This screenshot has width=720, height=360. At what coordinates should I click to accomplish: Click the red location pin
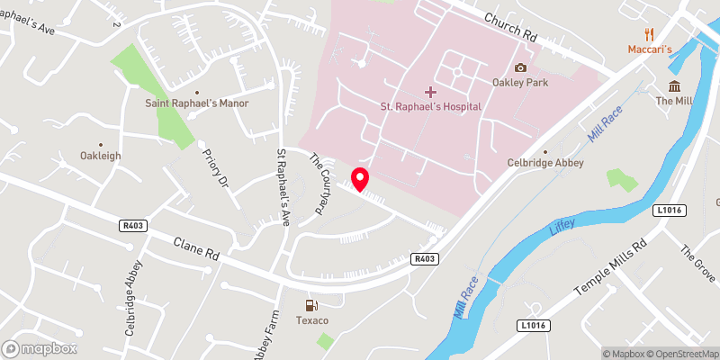point(360,178)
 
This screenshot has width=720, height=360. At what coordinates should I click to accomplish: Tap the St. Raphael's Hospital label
point(430,106)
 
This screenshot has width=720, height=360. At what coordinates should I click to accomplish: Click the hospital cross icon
point(430,91)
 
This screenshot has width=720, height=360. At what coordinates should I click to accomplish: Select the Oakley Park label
point(520,82)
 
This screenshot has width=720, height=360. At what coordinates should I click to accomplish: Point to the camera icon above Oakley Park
point(520,67)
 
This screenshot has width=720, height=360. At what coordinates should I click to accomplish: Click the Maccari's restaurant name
point(650,49)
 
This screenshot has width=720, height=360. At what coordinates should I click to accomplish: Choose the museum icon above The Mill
point(674,85)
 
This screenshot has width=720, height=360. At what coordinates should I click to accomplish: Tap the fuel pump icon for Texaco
point(311,305)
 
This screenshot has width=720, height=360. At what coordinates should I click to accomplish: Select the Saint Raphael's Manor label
point(197,103)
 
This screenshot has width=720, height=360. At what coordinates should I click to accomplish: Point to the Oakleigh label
point(100,156)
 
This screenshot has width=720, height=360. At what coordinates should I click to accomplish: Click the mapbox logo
point(40,348)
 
